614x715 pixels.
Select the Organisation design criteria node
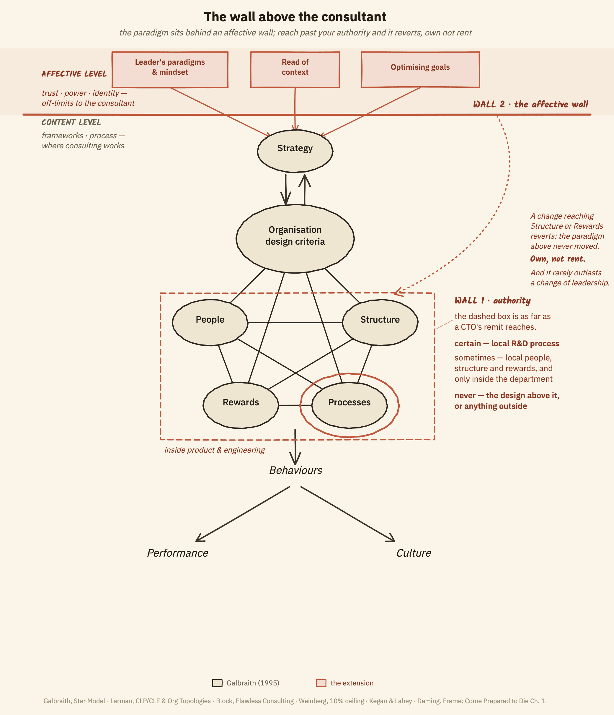point(295,238)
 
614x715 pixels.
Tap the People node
point(210,322)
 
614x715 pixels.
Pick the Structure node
point(380,322)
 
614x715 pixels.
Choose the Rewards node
point(241,405)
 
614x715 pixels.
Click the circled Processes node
point(350,405)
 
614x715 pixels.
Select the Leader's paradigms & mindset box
point(170,70)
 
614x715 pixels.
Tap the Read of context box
point(295,70)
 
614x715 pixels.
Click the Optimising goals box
point(420,70)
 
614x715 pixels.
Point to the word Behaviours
point(295,470)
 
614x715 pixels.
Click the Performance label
point(177,553)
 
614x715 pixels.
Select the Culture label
point(414,553)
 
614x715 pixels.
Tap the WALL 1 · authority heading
point(492,300)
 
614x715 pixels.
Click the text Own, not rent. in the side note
point(557,259)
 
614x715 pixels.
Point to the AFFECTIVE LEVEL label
point(74,74)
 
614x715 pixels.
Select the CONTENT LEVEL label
point(71,122)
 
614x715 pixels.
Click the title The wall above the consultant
point(295,17)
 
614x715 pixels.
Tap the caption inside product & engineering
point(214,450)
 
